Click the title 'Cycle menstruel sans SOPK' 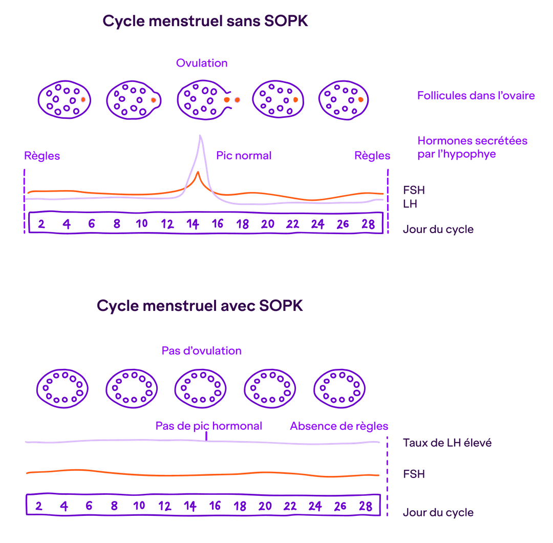click(x=205, y=22)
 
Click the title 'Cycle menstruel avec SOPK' click(x=200, y=306)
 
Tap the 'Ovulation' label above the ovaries click(x=202, y=63)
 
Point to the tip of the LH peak click(x=200, y=136)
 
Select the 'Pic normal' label click(x=244, y=155)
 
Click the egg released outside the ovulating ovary click(x=237, y=100)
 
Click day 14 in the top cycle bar click(x=193, y=224)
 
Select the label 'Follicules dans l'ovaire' click(x=476, y=95)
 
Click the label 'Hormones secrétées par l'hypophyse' click(x=472, y=147)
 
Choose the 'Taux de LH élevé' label click(x=447, y=443)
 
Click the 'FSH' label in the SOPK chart click(x=414, y=474)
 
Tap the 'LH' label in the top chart click(x=410, y=204)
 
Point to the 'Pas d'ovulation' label click(x=202, y=351)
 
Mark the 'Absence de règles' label click(x=339, y=426)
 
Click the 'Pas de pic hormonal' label click(x=209, y=426)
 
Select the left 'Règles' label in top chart click(x=42, y=156)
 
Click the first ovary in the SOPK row click(x=62, y=387)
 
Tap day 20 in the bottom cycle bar click(x=265, y=506)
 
